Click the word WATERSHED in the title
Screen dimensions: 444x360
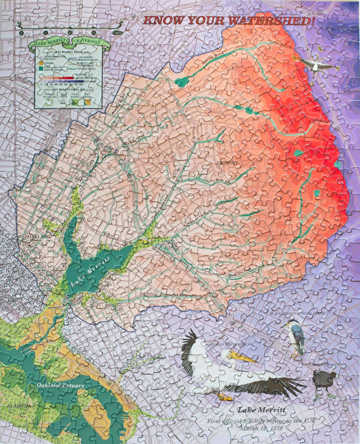click(x=274, y=21)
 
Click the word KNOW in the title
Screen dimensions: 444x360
click(x=163, y=21)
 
